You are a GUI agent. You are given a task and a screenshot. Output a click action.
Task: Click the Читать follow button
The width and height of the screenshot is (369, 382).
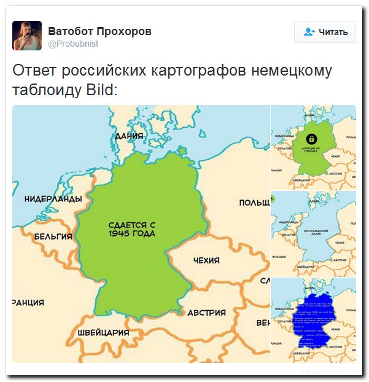(325, 32)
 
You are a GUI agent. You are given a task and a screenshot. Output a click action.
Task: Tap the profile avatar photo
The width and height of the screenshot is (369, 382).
(27, 35)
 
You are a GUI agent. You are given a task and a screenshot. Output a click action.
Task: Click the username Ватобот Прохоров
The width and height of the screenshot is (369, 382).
(99, 31)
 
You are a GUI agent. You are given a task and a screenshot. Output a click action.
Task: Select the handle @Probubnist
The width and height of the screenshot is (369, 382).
(73, 44)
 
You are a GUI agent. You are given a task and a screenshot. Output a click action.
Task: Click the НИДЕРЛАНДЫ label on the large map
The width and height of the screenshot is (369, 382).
(53, 199)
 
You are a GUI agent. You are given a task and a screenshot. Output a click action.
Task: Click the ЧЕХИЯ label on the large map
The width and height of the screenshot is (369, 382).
(206, 260)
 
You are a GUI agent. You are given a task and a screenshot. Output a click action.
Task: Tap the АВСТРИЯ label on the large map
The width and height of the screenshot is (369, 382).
(206, 312)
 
